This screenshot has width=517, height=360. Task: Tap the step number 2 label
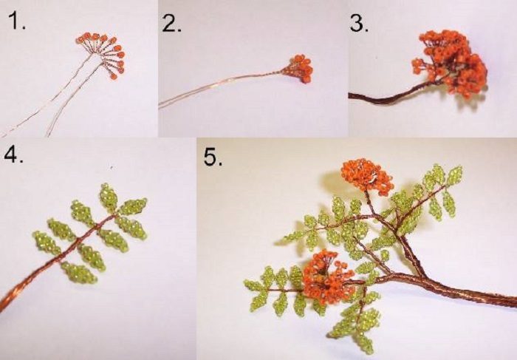coord(172,23)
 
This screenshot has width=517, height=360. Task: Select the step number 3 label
coord(359,24)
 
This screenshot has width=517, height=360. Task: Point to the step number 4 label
coord(13,154)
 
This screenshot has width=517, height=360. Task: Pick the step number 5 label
coord(213,157)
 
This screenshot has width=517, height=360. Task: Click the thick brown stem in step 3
coord(389,95)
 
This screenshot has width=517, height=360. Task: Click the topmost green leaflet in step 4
coord(109,197)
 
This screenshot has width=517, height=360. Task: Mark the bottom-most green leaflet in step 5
coord(364,343)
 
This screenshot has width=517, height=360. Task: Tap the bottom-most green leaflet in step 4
coord(79,273)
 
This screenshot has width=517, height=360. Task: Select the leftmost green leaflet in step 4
coord(47,243)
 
